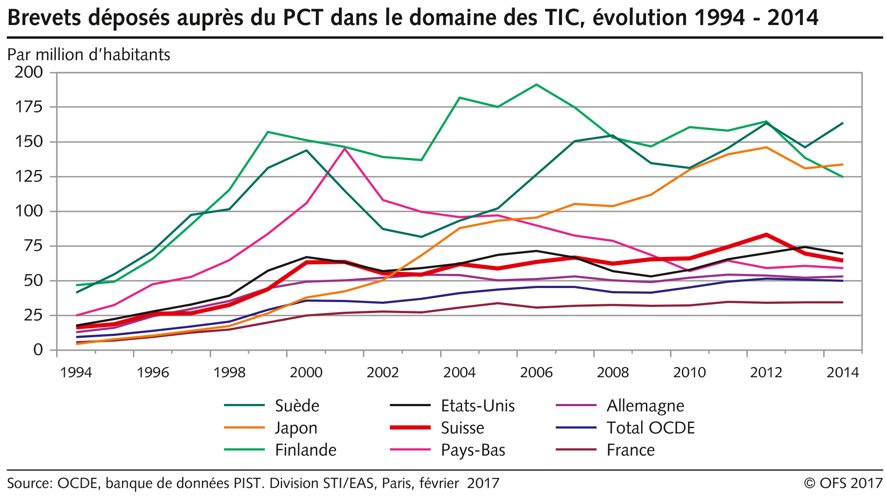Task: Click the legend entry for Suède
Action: coord(297,406)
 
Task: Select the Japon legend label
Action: coord(296,428)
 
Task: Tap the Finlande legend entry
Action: coord(305,450)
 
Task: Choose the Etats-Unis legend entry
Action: coord(477,406)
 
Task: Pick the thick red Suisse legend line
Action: coord(410,428)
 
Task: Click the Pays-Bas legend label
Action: coord(473,450)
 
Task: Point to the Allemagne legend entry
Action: coord(645,406)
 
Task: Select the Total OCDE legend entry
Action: coord(650,428)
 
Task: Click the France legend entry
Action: coord(631,450)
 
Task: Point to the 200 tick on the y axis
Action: coord(29,72)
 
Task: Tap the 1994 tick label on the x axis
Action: coord(76,373)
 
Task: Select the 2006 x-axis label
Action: coord(536,373)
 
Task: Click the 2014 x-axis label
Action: coord(843,373)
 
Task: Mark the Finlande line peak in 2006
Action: coord(536,84)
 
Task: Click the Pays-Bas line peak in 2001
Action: coord(344,149)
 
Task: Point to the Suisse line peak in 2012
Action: coord(766,234)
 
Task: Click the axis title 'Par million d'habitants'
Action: coord(89,55)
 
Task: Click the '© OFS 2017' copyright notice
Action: coord(843,483)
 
